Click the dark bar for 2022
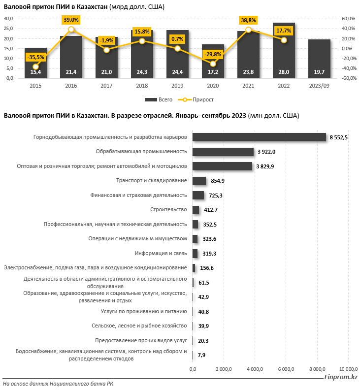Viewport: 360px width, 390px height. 284,49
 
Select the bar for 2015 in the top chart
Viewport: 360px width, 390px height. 35,63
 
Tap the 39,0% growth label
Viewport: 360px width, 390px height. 71,20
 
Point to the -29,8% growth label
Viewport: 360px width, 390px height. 213,54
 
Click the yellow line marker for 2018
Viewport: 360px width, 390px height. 142,41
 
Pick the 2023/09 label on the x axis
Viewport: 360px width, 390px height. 319,86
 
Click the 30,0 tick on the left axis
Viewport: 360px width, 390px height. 8,18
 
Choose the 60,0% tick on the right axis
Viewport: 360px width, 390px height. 348,18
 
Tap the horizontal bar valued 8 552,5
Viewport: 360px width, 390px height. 259,137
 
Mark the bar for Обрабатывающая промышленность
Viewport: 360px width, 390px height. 223,152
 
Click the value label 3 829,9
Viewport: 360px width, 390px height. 265,166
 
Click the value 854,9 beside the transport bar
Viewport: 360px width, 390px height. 217,181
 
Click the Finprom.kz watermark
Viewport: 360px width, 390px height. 340,378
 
